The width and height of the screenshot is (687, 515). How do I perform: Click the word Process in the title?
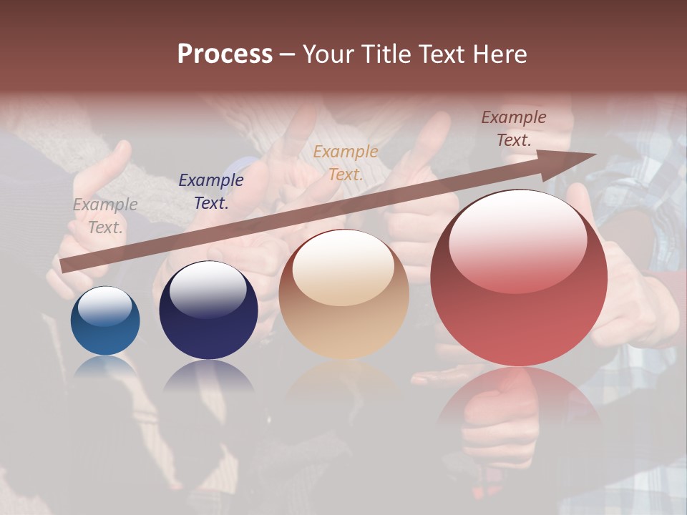tap(225, 54)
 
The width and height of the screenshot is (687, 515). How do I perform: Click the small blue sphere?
tap(105, 322)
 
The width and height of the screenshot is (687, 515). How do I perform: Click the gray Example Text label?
tap(105, 216)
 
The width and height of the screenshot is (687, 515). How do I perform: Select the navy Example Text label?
tap(211, 192)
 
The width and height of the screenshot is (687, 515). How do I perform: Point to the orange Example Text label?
tap(346, 163)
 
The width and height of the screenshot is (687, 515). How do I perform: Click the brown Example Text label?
tap(514, 129)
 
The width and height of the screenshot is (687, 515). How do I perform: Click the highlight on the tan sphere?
tap(343, 268)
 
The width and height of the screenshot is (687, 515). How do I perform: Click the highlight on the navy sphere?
tap(208, 290)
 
